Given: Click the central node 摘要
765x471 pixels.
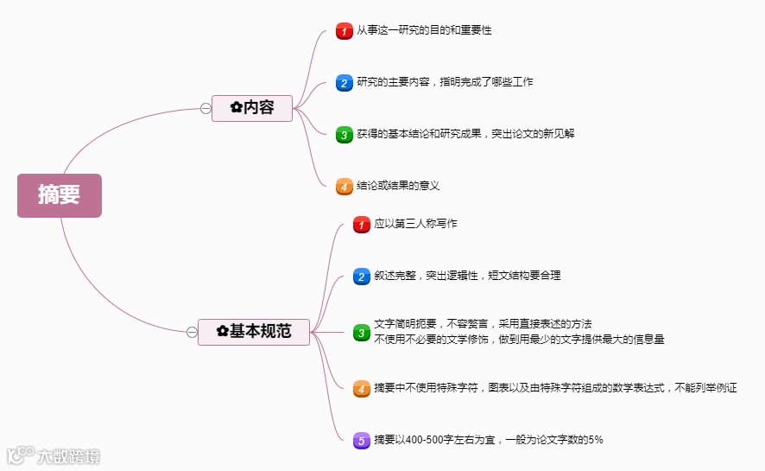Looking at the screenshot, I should pos(59,195).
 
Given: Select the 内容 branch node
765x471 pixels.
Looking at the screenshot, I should pos(252,108).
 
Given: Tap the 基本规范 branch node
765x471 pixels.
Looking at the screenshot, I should pos(254,331).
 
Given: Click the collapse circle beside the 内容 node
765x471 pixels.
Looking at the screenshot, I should pos(205,108).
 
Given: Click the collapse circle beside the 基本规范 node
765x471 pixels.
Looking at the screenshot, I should pos(192,332).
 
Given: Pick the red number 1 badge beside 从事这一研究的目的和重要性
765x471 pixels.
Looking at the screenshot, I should pos(344,31).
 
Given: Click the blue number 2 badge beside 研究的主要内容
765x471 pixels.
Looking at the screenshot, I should pos(344,83).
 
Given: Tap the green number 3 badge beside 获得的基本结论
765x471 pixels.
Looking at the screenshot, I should pos(344,135).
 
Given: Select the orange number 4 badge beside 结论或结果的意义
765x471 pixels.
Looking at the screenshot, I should pos(344,186).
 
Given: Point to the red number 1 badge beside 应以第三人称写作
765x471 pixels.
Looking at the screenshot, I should pos(361,225).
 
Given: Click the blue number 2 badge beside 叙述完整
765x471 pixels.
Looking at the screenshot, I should pos(361,277).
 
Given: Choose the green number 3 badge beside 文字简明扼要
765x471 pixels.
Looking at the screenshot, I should pos(361,332).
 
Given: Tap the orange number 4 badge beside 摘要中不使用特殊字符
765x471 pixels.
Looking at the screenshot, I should pos(361,389).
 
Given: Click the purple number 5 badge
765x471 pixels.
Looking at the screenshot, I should pos(361,441).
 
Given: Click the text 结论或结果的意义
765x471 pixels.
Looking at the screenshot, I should pos(398,185).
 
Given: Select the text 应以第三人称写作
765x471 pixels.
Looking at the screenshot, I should pos(415,224).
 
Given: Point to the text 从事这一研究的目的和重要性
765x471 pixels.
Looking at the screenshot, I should pos(424,30).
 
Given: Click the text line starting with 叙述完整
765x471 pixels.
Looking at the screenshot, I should pos(467,276).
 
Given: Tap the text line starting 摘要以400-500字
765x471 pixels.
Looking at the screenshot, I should pos(488,440).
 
